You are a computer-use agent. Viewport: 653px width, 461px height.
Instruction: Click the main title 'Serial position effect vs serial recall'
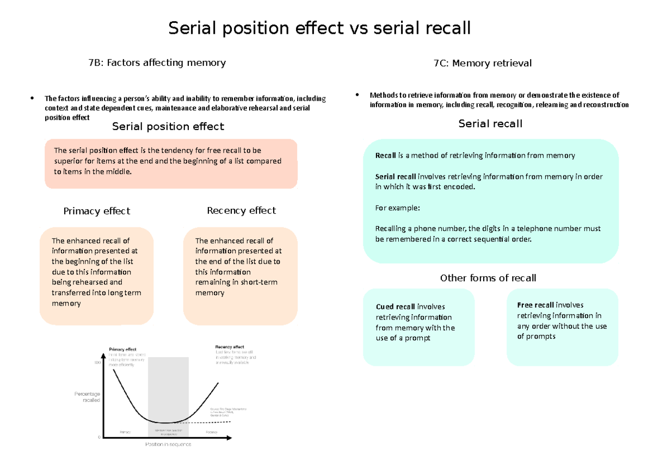coord(319,28)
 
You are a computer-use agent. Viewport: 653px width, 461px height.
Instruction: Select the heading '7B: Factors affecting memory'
coord(157,63)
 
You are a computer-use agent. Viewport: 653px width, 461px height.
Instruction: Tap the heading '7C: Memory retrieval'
coord(482,63)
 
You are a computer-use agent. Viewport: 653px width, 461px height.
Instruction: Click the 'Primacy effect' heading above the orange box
coord(96,211)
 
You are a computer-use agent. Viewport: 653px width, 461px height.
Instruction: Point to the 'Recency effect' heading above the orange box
coord(241,210)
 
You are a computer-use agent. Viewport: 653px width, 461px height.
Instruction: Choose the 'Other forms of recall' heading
coord(488,278)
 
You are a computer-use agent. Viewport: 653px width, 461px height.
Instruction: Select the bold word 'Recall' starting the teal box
coord(386,155)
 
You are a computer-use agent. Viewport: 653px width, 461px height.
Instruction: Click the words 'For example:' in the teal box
coord(397,208)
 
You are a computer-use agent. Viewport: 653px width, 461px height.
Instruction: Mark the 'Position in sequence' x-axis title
coord(168,444)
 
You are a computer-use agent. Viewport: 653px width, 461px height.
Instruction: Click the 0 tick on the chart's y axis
coord(99,437)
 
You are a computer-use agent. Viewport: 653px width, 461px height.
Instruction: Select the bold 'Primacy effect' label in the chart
coord(122,349)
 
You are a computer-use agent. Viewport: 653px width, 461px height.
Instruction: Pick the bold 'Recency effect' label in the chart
coord(230,346)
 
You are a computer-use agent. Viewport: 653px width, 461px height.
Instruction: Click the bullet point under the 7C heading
coord(357,95)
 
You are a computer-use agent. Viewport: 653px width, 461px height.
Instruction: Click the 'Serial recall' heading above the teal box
coord(490,124)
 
